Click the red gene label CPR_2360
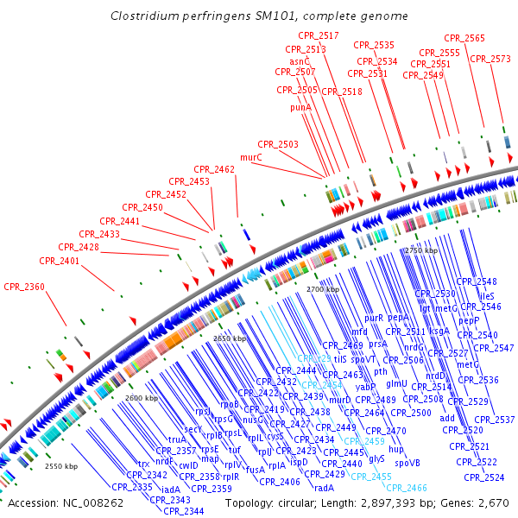click(24, 286)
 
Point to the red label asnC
click(300, 62)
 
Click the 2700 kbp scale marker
click(323, 290)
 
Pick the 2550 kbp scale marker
click(61, 466)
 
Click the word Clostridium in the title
click(143, 16)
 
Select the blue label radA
click(324, 488)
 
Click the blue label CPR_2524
click(484, 477)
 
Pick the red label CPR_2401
click(60, 260)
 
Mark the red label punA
click(300, 108)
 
